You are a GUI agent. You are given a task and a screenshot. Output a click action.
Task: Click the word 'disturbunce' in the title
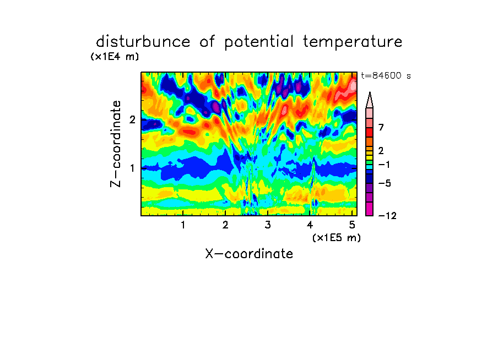[143, 42]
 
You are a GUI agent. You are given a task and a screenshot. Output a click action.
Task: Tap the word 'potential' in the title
[259, 42]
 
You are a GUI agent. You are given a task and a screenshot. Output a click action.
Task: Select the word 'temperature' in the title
[353, 42]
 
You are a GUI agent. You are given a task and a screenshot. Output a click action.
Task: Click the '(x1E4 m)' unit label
[115, 57]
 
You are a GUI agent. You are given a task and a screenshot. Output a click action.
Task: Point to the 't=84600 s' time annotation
[386, 75]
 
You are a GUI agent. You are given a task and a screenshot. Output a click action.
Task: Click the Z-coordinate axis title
[116, 144]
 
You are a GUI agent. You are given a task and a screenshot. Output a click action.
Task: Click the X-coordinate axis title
[249, 254]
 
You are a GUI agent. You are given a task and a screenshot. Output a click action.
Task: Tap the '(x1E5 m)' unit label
[337, 237]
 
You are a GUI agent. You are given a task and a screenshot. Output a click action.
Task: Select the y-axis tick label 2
[132, 119]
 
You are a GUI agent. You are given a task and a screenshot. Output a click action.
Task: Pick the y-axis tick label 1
[132, 168]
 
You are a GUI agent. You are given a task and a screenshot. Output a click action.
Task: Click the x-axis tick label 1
[183, 225]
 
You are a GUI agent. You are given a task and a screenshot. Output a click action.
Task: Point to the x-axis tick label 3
[268, 225]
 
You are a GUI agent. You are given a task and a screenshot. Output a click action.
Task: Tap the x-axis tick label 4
[310, 225]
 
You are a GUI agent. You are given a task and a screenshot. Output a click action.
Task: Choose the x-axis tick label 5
[352, 225]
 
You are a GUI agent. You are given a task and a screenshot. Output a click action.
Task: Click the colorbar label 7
[381, 127]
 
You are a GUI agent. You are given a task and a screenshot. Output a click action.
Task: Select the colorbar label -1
[384, 165]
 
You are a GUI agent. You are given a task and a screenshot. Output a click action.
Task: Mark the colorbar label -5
[385, 183]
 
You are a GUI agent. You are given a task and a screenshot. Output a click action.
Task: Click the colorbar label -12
[387, 216]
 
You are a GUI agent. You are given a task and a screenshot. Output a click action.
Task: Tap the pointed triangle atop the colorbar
[370, 101]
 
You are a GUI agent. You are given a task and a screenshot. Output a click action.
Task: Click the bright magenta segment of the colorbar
[370, 209]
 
